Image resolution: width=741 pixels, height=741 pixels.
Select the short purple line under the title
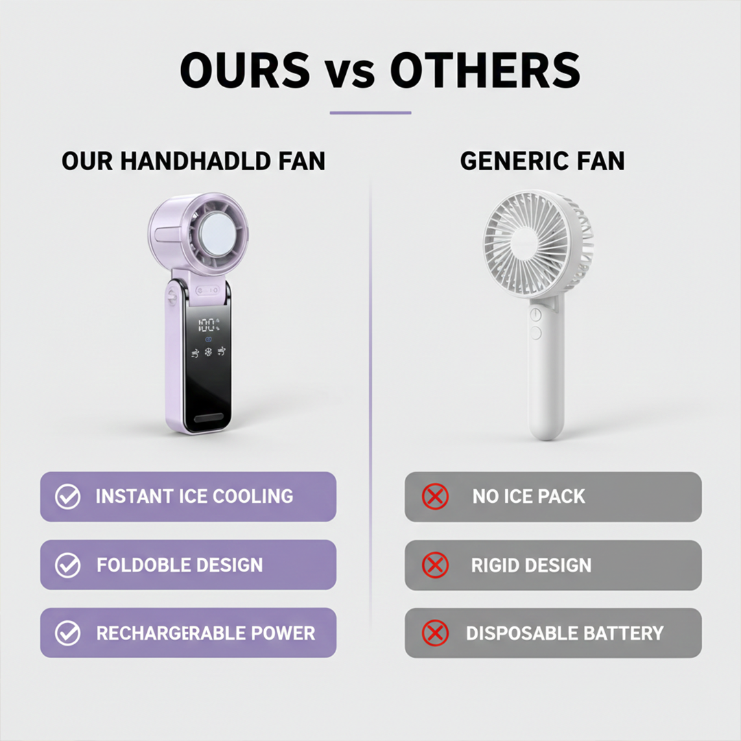point(370,113)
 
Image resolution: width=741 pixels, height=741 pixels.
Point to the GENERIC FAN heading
point(543,161)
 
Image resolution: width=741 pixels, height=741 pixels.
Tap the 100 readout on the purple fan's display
point(207,325)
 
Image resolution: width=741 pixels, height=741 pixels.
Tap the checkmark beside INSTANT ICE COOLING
point(67,497)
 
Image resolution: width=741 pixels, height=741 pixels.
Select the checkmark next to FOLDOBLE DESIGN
point(67,565)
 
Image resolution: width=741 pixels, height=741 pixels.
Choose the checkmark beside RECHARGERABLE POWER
point(67,633)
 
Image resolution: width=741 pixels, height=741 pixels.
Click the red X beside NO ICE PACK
point(435,497)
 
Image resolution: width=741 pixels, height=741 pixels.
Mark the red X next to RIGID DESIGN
point(435,565)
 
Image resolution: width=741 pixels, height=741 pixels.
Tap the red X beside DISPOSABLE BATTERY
point(435,633)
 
